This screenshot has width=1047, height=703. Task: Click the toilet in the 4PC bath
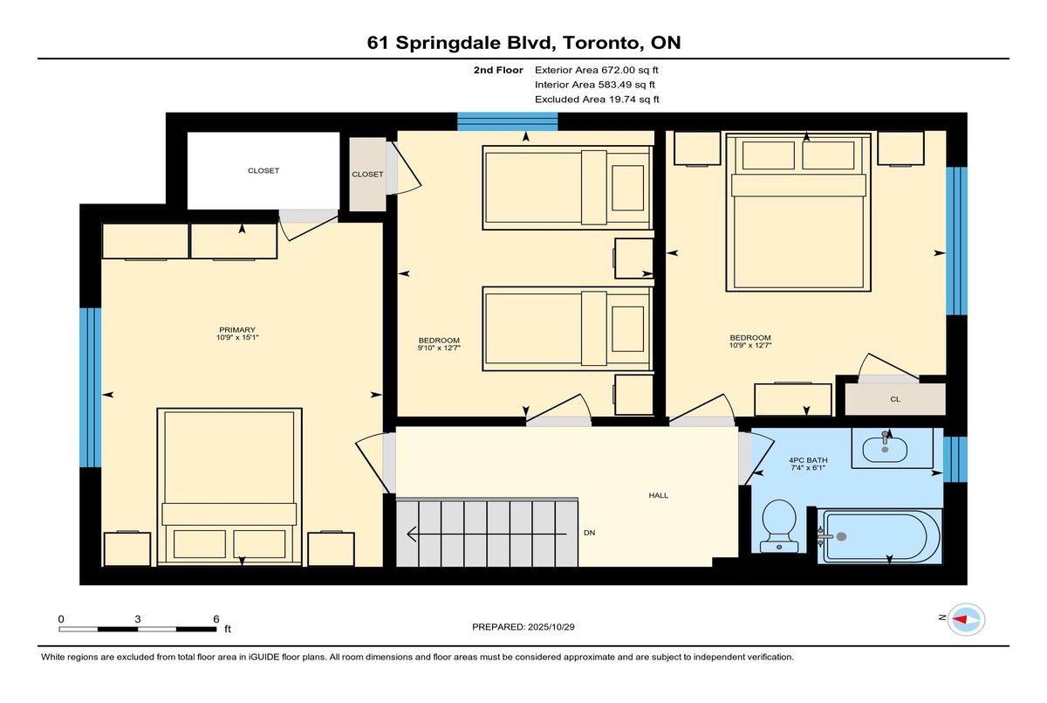[x=778, y=526]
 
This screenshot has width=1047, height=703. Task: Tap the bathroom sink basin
[x=885, y=450]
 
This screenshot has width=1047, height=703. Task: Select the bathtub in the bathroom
[x=879, y=536]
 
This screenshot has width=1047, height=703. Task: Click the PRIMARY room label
[x=237, y=330]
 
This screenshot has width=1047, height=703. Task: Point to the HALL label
[x=658, y=495]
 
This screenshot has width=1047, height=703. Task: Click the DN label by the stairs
[x=589, y=533]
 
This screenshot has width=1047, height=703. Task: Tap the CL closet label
[x=894, y=399]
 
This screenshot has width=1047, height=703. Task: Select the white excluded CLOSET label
[x=263, y=170]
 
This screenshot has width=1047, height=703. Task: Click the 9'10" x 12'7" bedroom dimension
[x=439, y=348]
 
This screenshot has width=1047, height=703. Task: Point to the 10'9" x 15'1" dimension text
[x=237, y=337]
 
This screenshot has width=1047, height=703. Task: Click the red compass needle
[x=960, y=619]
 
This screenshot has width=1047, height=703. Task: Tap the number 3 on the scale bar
[x=138, y=619]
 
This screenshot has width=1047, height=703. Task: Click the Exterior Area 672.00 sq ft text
[x=597, y=70]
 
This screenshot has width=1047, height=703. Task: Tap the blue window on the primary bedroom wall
[x=90, y=387]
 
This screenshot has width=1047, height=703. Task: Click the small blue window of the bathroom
[x=955, y=459]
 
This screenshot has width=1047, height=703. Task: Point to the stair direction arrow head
[x=412, y=534]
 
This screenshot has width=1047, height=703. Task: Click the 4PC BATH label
[x=808, y=460]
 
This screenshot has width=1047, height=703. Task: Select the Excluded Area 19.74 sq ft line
[x=597, y=100]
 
